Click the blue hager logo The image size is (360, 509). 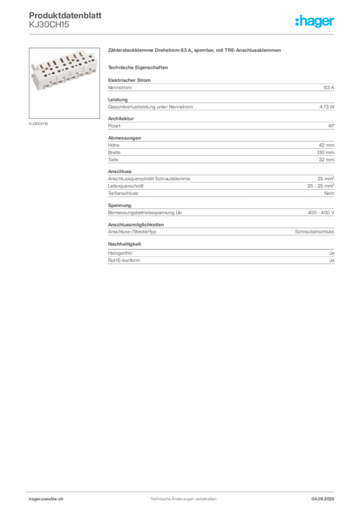coord(315,21)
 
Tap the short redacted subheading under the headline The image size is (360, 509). coord(139,67)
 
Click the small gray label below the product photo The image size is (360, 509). coord(39,123)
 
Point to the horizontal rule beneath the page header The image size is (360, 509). coord(183,34)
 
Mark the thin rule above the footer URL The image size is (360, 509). coord(183,491)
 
